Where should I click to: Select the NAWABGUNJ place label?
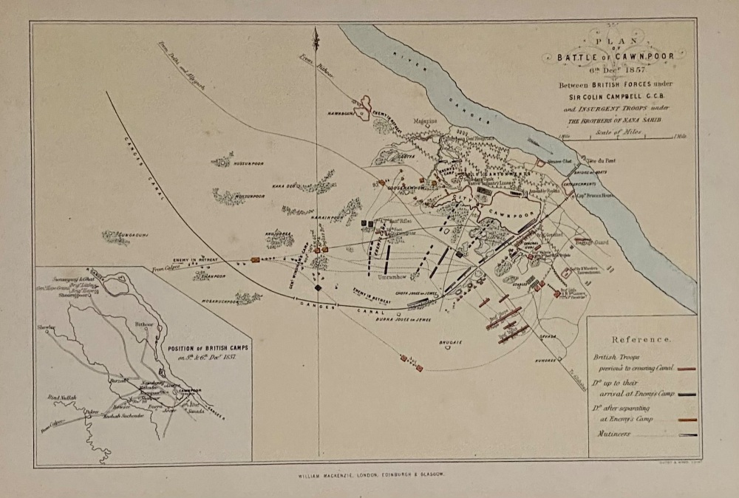[341, 113]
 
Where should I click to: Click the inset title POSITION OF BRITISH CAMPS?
[194, 349]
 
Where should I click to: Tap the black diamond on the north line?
[318, 287]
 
